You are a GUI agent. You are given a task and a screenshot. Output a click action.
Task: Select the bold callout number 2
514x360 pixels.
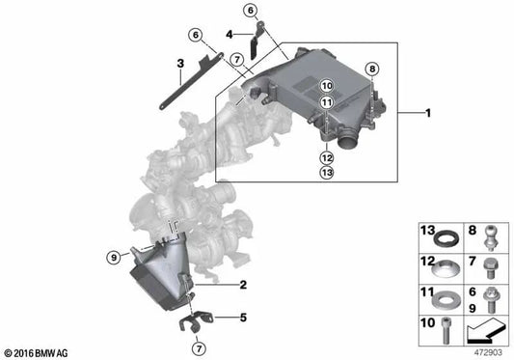[x=243, y=284]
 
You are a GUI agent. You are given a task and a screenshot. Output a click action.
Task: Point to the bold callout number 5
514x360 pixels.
[x=243, y=316]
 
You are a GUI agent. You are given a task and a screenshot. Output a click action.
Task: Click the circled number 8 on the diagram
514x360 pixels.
[x=374, y=69]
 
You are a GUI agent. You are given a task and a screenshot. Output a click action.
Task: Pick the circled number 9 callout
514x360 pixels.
[x=114, y=257]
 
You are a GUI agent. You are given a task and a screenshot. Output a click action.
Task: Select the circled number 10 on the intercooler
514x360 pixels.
[x=326, y=86]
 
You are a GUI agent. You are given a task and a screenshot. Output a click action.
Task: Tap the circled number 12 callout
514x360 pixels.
[x=326, y=157]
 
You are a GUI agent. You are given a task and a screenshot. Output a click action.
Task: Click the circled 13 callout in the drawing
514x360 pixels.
[x=326, y=173]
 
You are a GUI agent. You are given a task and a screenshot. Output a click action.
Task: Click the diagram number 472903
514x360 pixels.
[x=487, y=351]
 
